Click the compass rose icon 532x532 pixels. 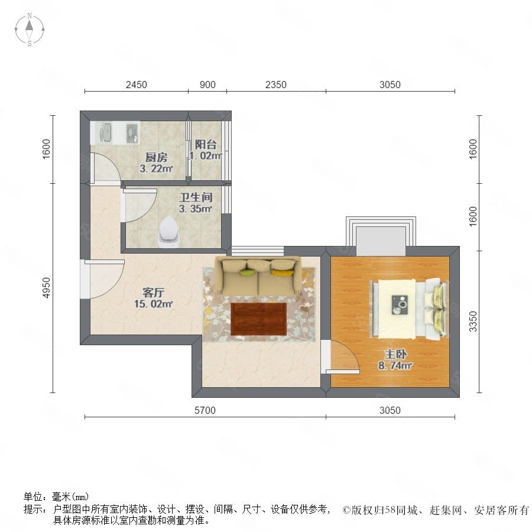30,29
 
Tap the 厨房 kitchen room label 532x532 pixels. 157,157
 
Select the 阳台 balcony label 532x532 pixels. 206,145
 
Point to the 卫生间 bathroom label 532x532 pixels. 196,197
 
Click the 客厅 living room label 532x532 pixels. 153,292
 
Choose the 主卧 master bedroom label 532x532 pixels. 395,354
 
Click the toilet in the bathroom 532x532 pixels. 169,232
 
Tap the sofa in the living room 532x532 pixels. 258,275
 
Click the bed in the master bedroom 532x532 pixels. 410,309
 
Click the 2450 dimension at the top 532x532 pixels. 137,85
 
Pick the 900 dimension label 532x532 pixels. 207,85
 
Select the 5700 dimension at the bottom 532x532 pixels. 205,410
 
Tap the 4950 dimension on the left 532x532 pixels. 46,288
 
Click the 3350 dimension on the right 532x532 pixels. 473,322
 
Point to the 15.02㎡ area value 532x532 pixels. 153,304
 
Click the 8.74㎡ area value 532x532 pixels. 395,365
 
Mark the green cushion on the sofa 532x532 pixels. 247,272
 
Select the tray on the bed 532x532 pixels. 400,304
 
